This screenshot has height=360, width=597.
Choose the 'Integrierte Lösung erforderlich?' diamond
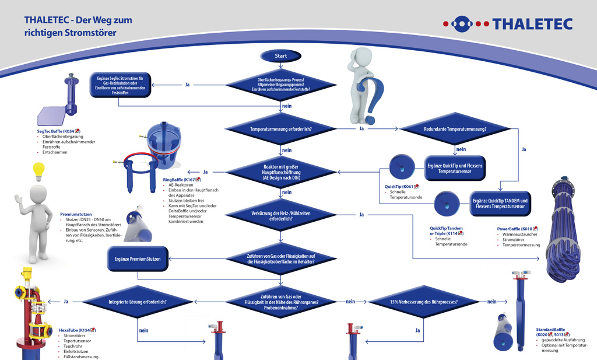pos(138,302)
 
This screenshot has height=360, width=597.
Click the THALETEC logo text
pos(532,24)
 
